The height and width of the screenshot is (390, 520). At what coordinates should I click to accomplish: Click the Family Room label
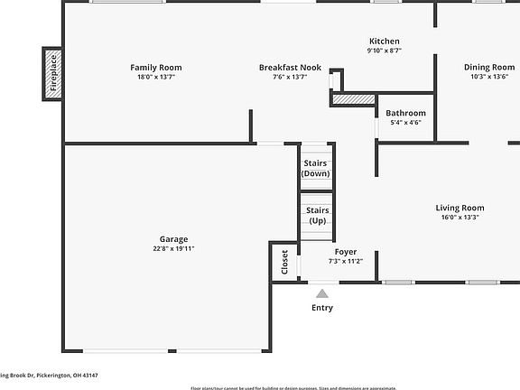click(155, 68)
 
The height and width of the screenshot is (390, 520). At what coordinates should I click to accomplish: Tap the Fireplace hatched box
click(52, 74)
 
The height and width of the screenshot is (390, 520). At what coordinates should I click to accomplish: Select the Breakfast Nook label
click(290, 68)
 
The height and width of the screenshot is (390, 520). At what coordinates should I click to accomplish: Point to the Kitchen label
click(384, 42)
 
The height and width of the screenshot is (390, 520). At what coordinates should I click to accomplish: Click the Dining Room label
click(489, 68)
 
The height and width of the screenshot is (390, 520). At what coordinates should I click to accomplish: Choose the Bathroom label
click(405, 113)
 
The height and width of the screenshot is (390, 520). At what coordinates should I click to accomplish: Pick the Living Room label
click(460, 208)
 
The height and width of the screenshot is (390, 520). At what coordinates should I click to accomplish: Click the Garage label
click(174, 239)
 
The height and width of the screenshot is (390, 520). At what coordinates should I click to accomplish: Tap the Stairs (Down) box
click(316, 168)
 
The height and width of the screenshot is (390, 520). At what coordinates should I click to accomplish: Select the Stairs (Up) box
click(318, 215)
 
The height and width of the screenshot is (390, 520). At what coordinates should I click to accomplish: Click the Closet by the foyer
click(284, 261)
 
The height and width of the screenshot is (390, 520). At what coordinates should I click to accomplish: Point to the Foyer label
click(345, 252)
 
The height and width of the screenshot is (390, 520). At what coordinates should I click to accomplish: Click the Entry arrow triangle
click(321, 292)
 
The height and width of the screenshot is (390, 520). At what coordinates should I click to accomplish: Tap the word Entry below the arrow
click(321, 308)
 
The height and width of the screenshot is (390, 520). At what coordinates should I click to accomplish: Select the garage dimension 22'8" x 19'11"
click(174, 249)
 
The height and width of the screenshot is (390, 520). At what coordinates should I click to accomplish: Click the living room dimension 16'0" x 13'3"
click(460, 217)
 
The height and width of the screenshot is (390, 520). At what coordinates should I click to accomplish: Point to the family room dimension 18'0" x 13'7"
click(155, 77)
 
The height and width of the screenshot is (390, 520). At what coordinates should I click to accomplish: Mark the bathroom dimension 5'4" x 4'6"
click(405, 123)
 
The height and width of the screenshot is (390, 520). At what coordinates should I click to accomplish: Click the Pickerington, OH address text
click(49, 376)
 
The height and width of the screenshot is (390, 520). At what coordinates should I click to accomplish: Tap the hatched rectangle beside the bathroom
click(353, 98)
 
